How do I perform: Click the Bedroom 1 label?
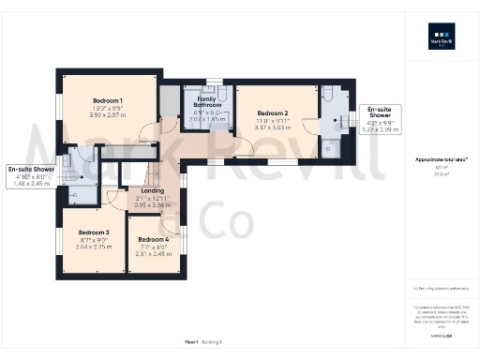(x=108, y=99)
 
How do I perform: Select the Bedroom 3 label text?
(x=94, y=232)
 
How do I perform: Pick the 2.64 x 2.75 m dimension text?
(x=94, y=247)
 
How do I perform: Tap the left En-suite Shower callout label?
(x=31, y=169)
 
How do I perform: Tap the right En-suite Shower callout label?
(x=379, y=112)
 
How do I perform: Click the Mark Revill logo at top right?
(x=442, y=43)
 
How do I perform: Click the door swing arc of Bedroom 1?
(x=147, y=131)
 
